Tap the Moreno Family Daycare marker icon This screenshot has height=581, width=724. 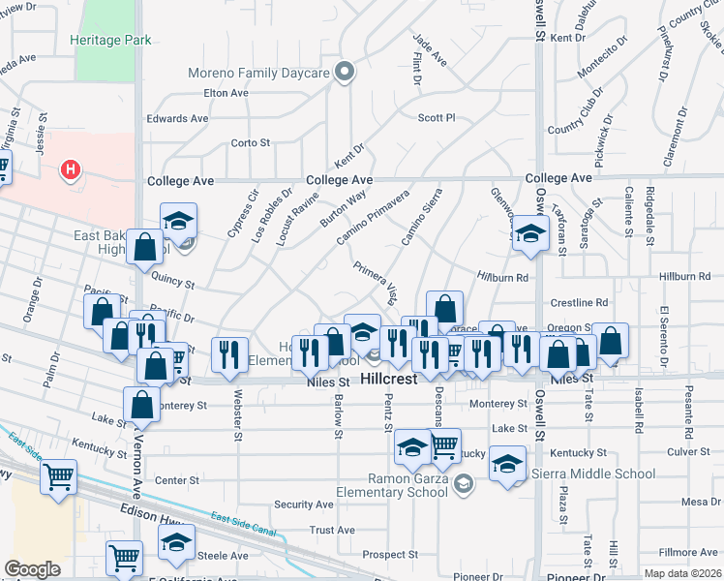pos(344,71)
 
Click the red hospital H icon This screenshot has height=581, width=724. pos(70,171)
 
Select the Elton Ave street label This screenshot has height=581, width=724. pos(226,93)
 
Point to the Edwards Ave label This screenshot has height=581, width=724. pos(177,118)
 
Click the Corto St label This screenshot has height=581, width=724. pos(251,142)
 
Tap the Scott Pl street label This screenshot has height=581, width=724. pos(436,118)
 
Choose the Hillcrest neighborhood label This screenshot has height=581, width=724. pos(388,380)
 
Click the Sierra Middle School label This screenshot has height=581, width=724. pos(593,474)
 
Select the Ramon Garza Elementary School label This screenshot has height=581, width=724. pos(405,485)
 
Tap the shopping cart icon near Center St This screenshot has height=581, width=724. pos(58,476)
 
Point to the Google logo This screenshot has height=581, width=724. pos(32,569)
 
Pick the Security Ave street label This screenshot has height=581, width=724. pos(303,505)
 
